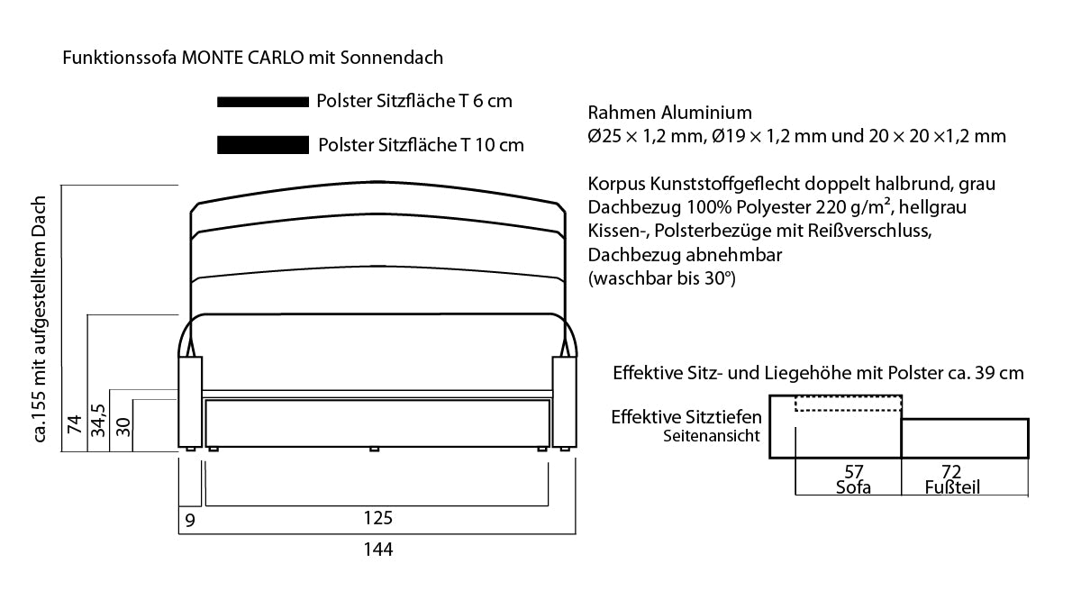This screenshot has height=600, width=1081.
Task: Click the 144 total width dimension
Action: (378, 550)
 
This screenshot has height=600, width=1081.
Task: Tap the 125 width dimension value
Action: (378, 518)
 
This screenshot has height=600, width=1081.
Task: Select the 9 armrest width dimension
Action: (190, 521)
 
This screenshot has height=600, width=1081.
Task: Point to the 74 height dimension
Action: (75, 424)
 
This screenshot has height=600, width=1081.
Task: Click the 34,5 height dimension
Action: (98, 421)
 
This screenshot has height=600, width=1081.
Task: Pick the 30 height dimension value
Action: (123, 427)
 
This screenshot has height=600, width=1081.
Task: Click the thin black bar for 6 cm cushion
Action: (263, 102)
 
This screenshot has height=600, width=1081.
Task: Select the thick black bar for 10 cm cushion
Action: (263, 145)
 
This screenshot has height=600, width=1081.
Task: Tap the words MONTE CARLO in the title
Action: (242, 58)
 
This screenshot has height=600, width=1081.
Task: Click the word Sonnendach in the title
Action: (391, 58)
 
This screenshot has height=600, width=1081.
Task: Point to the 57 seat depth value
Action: (854, 471)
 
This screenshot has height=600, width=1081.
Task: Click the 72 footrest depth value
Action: (951, 471)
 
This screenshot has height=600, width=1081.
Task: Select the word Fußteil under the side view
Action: (952, 487)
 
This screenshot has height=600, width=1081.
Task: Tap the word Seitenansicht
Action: (712, 436)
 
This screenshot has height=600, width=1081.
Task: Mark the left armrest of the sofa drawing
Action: (190, 402)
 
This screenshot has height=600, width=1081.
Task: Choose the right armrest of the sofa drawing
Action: (564, 402)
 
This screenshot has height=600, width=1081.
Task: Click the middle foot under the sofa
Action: (374, 450)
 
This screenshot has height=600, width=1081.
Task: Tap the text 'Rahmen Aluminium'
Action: (670, 113)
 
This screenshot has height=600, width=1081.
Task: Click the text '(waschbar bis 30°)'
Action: (661, 278)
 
